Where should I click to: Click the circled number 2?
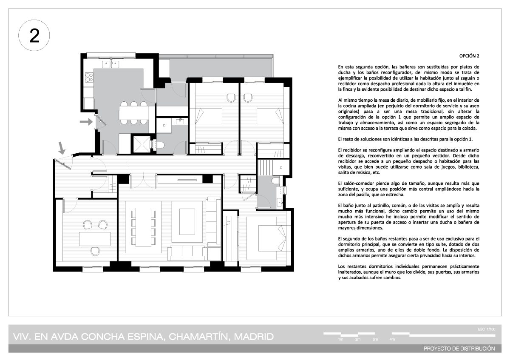[34, 36]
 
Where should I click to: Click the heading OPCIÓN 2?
[469, 56]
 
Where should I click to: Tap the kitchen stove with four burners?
[89, 77]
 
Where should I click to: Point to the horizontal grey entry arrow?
[86, 122]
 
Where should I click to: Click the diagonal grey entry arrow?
[62, 148]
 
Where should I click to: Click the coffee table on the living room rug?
[187, 222]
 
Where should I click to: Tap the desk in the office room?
[95, 239]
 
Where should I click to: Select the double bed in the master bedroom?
[267, 238]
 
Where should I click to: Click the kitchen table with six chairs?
[133, 113]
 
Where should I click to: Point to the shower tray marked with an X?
[142, 144]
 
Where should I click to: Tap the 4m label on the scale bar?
[392, 339]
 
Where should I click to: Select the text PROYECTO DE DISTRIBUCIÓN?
[459, 349]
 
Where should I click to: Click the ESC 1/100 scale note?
[487, 329]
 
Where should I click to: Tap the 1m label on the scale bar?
[340, 339]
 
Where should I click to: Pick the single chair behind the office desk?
[95, 251]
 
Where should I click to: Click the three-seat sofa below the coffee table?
[187, 253]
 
